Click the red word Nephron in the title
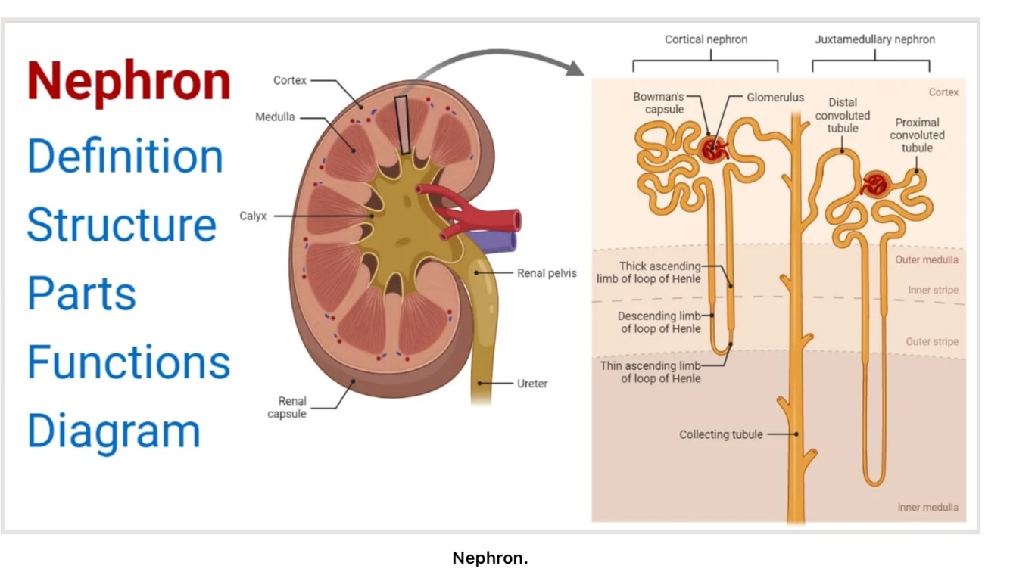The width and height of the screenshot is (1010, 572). (129, 82)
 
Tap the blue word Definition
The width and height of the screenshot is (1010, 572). (125, 156)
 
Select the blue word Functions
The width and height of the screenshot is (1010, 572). (129, 362)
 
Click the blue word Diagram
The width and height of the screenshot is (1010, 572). (114, 431)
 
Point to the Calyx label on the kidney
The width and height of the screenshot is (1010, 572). (253, 216)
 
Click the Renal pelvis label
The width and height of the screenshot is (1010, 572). (547, 273)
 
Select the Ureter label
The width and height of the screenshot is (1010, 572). (531, 384)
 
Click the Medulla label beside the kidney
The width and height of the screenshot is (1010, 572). (275, 118)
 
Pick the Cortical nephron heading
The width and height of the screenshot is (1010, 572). (706, 39)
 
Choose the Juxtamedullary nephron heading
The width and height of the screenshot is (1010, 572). (874, 39)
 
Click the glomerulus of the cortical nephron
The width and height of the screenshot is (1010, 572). (712, 148)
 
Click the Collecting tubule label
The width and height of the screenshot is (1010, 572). (720, 434)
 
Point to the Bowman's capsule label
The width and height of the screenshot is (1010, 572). (658, 104)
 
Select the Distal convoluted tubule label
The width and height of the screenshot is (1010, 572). (842, 116)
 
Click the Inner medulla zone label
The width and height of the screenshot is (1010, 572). (927, 508)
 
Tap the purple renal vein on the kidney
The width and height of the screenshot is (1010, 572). (500, 241)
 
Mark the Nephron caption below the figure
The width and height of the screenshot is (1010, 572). (490, 558)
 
